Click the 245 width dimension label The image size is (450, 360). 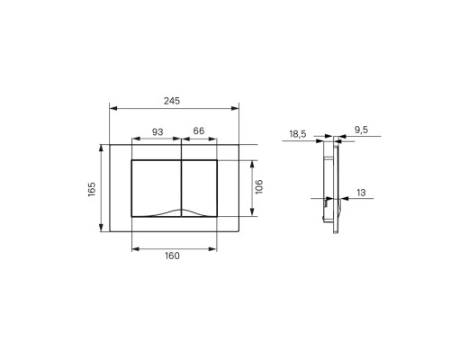[172, 101]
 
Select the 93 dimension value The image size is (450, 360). [157, 131]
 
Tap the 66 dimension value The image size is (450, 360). [199, 130]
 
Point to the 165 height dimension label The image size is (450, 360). [92, 189]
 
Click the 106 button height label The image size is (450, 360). [258, 186]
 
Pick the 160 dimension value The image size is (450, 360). [172, 256]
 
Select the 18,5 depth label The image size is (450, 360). [298, 134]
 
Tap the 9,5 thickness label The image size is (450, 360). [361, 130]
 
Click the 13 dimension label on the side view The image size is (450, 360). [361, 193]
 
